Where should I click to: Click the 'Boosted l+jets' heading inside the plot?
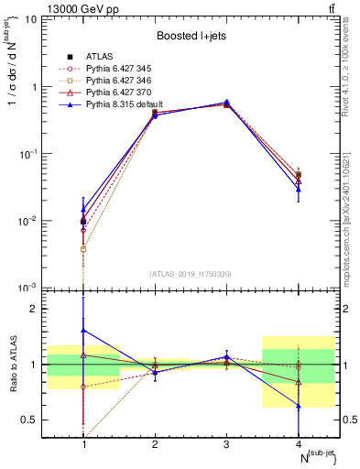(190, 36)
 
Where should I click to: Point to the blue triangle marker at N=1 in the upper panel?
(83, 210)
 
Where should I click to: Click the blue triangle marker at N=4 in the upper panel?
(299, 189)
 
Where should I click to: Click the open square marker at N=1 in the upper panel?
(83, 249)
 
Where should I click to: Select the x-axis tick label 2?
(155, 444)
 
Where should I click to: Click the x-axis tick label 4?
(299, 444)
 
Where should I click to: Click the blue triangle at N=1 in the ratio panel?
(83, 331)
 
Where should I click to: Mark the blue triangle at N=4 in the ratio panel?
(299, 406)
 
